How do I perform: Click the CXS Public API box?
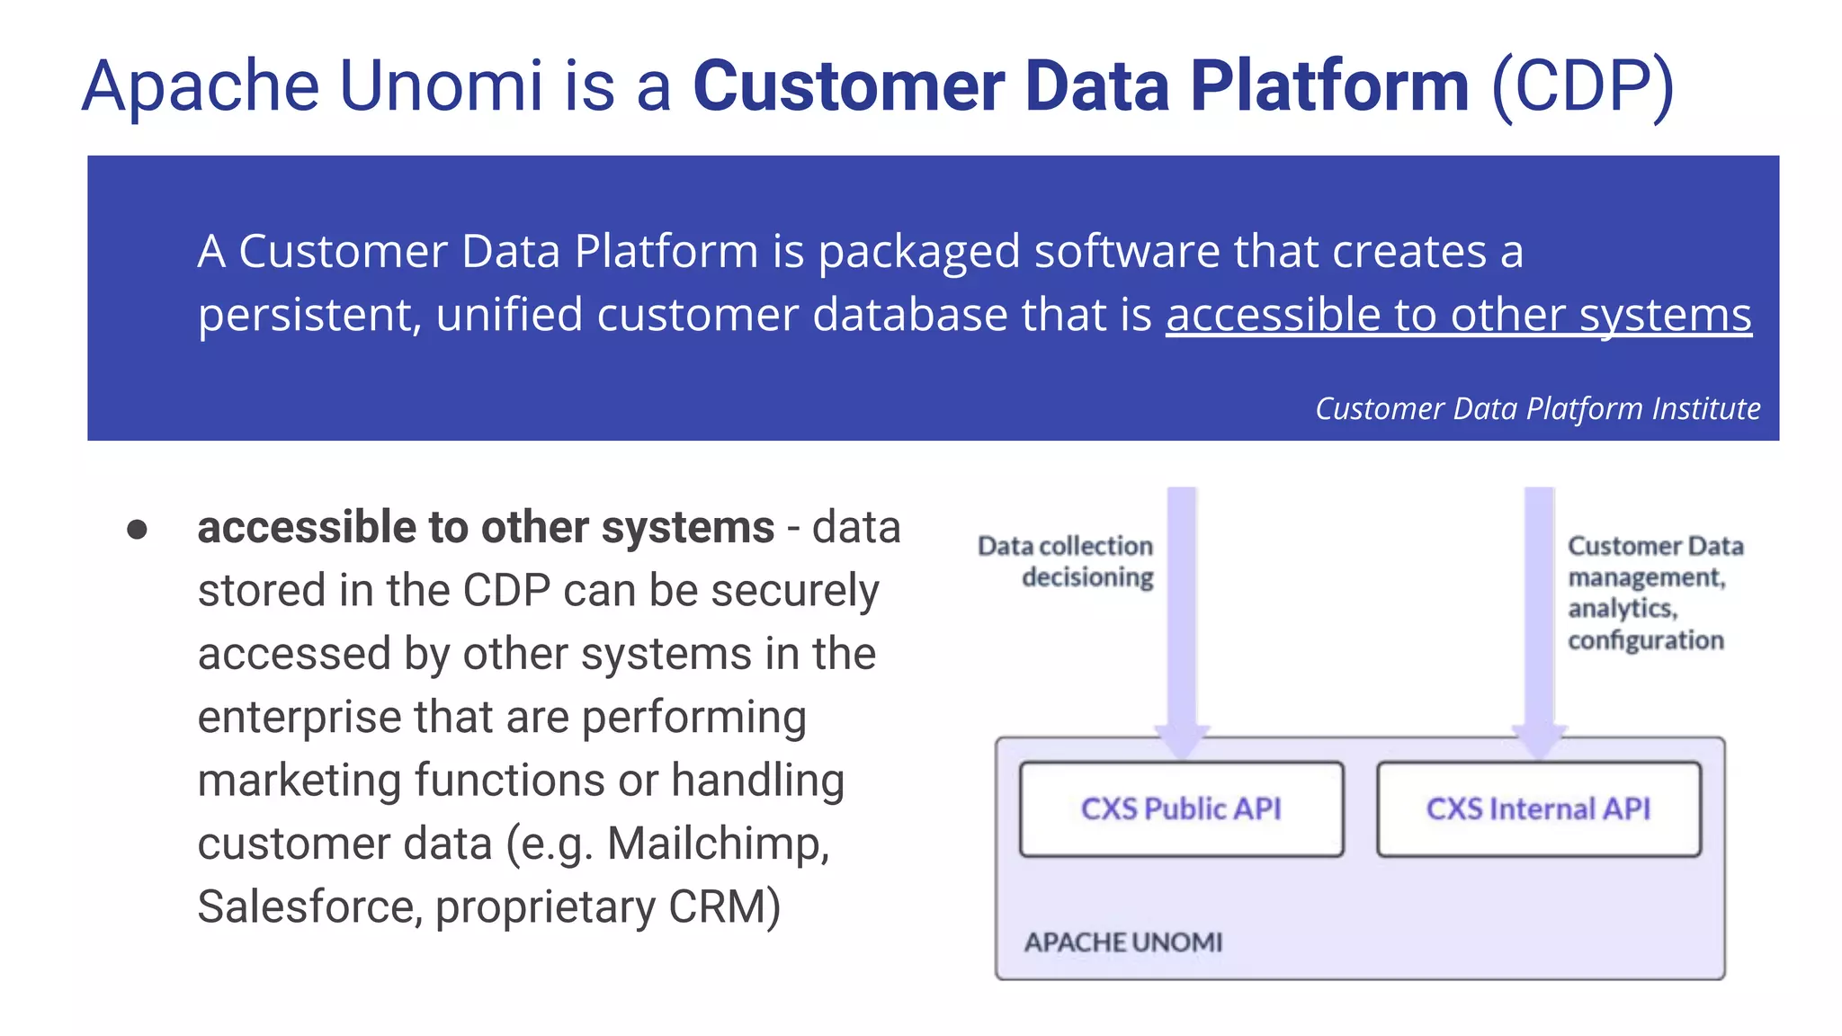1181,808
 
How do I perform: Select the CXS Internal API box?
1538,808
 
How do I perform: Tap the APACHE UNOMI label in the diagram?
1122,942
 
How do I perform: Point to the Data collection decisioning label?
1067,561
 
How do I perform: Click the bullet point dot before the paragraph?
137,529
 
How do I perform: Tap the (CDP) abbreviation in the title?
1582,86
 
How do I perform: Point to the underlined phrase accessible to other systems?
1458,316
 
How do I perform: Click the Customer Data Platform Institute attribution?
1537,408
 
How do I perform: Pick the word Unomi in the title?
441,86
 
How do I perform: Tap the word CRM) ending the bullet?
724,906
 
